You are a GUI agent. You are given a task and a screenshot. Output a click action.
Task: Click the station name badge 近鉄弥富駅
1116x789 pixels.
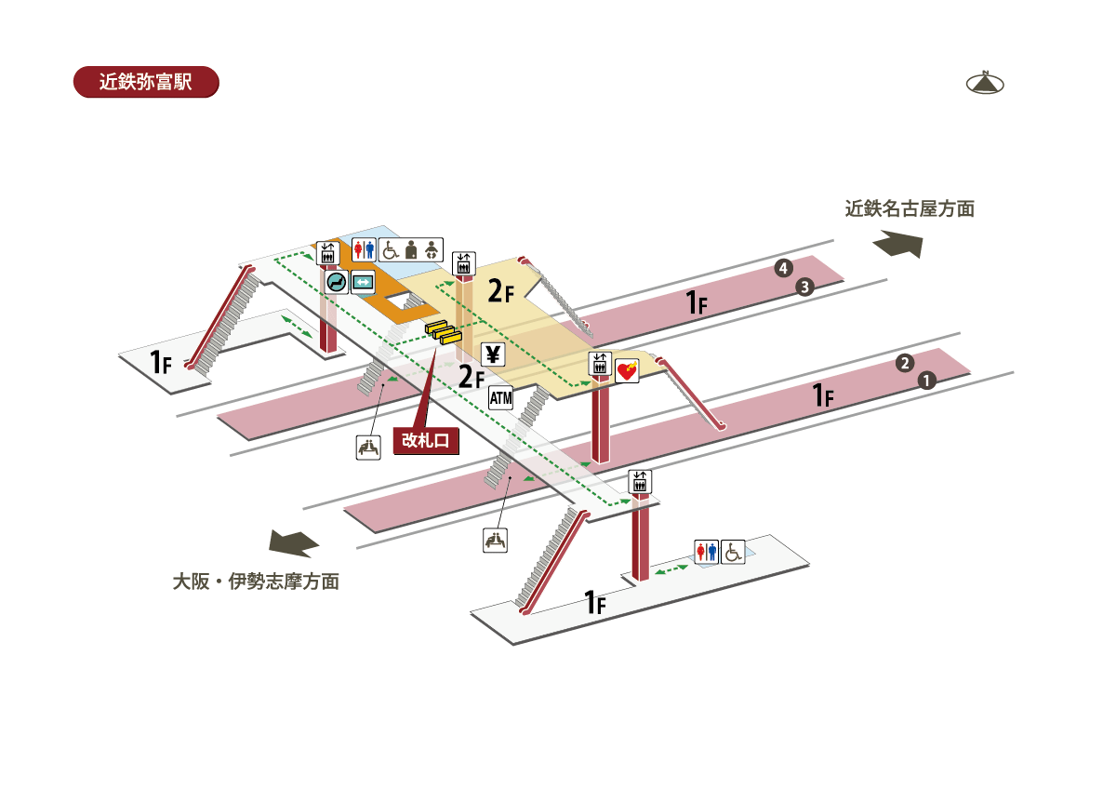pos(145,82)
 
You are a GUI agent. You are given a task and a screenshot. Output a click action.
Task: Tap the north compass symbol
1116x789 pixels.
pos(986,83)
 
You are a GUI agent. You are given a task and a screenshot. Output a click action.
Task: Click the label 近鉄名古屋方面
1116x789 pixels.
pos(909,209)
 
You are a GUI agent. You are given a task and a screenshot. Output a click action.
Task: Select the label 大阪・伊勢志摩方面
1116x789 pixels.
pos(256,582)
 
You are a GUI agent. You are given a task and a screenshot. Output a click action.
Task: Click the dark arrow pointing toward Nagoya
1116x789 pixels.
pos(897,244)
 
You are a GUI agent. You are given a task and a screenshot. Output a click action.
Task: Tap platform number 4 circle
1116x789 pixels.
pos(783,269)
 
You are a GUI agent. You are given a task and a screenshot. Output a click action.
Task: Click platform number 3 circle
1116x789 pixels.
pos(805,287)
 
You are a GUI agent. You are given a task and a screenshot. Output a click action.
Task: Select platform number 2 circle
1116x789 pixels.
pos(904,363)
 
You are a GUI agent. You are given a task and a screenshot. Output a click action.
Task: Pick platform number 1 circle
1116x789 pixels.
pos(925,380)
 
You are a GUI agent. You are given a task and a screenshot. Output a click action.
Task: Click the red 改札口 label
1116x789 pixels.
pos(427,441)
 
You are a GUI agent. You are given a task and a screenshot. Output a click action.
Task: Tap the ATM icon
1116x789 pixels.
pos(500,398)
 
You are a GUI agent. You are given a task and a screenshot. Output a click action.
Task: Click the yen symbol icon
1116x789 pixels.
pos(493,354)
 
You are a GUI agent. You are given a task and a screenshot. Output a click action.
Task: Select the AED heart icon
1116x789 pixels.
pos(628,371)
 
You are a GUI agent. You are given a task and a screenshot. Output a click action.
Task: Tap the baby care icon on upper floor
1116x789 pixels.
pos(430,249)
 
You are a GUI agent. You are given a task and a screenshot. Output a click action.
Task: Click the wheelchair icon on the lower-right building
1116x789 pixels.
pos(734,553)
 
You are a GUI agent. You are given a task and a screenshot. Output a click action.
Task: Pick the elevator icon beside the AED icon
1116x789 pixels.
pos(599,364)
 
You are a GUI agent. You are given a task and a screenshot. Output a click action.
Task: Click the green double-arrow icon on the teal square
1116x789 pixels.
pos(363,282)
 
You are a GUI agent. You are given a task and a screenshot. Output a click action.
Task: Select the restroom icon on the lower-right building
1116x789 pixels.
pos(707,553)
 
